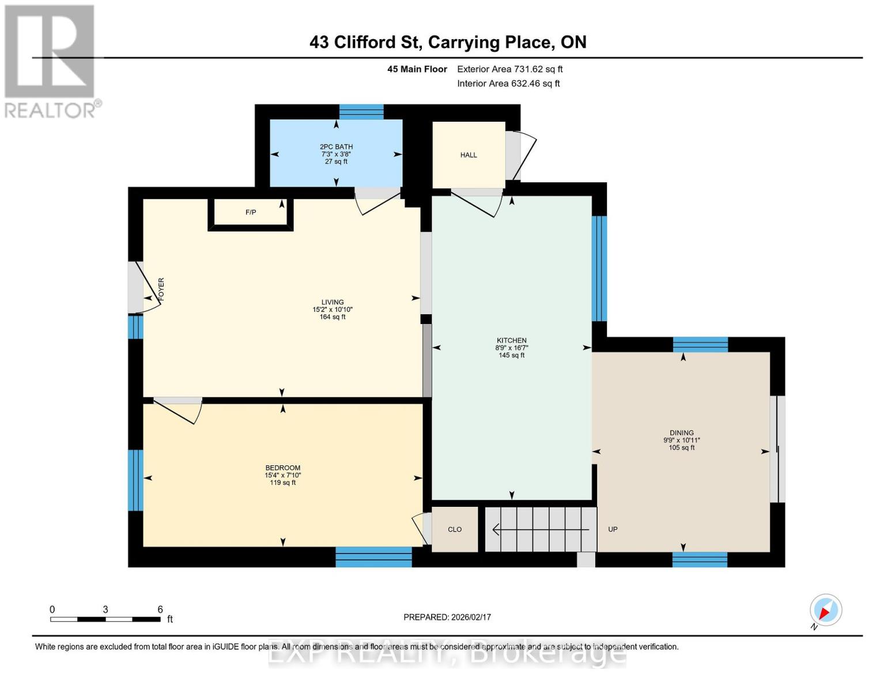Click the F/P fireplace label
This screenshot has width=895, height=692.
pyautogui.click(x=251, y=213)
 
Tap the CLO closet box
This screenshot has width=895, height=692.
pyautogui.click(x=455, y=529)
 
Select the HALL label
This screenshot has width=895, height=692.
pyautogui.click(x=469, y=155)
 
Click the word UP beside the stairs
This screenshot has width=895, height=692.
pyautogui.click(x=613, y=529)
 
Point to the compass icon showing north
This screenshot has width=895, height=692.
pyautogui.click(x=825, y=610)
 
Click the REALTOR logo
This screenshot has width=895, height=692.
pyautogui.click(x=51, y=61)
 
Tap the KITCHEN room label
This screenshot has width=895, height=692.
pyautogui.click(x=512, y=341)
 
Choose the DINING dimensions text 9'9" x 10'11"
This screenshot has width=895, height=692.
pyautogui.click(x=682, y=441)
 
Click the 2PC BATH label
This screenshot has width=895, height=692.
pyautogui.click(x=337, y=147)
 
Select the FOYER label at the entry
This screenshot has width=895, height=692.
pyautogui.click(x=161, y=289)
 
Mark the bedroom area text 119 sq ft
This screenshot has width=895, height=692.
pyautogui.click(x=283, y=483)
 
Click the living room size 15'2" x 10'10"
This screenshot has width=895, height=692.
pyautogui.click(x=333, y=310)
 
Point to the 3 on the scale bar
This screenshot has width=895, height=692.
pyautogui.click(x=105, y=610)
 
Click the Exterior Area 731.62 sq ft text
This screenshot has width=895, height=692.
pyautogui.click(x=509, y=69)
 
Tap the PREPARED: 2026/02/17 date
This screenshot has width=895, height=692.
pyautogui.click(x=447, y=617)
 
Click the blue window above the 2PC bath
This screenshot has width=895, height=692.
pyautogui.click(x=361, y=112)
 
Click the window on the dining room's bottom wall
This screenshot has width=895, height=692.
pyautogui.click(x=700, y=559)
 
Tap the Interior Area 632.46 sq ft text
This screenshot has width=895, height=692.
pyautogui.click(x=508, y=84)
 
